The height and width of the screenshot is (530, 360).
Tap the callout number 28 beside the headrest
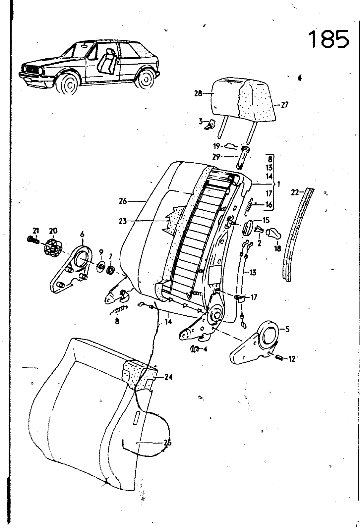(x=198, y=93)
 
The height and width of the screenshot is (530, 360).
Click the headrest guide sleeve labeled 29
(x=242, y=157)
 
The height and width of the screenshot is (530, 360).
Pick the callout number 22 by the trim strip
(x=295, y=193)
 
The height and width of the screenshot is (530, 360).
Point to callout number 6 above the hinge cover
(x=82, y=234)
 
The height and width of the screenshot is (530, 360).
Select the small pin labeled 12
(x=280, y=359)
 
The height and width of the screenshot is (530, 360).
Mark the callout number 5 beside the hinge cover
(x=287, y=329)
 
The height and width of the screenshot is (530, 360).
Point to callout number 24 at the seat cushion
(x=168, y=377)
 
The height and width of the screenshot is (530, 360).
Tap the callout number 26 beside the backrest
(x=123, y=202)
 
